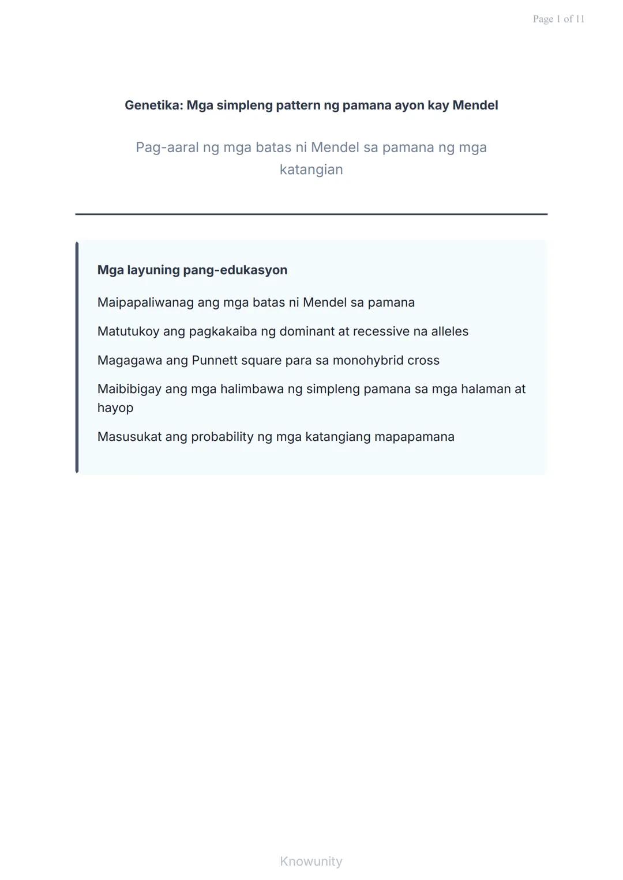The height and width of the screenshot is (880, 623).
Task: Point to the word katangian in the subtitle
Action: point(311,169)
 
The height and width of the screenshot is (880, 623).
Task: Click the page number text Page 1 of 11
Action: point(558,19)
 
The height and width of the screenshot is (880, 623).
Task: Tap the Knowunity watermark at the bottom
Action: point(311,861)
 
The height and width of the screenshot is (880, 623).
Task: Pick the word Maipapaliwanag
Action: point(145,303)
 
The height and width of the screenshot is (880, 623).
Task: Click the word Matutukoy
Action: point(128,331)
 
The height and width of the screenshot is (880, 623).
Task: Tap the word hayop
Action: point(115,408)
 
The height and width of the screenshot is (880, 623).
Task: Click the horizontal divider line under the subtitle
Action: point(311,214)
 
